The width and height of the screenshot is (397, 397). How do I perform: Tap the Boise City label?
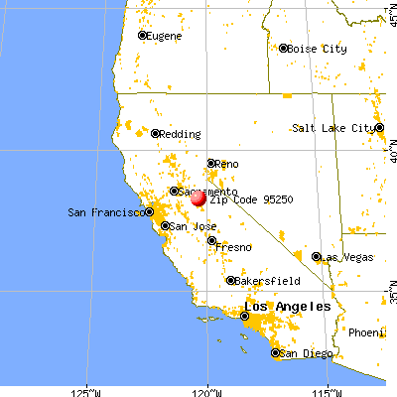[317, 48]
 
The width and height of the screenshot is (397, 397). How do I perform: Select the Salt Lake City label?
[334, 128]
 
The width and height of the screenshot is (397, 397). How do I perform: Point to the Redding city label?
[180, 133]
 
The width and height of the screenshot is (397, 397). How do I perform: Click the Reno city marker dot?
[210, 163]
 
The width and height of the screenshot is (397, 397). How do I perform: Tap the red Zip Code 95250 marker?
[198, 198]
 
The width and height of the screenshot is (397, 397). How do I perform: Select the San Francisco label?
[104, 211]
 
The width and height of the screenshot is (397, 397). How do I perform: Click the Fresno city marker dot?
[211, 239]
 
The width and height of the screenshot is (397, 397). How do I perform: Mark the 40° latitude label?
[389, 155]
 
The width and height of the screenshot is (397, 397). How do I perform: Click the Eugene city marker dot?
[142, 36]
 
